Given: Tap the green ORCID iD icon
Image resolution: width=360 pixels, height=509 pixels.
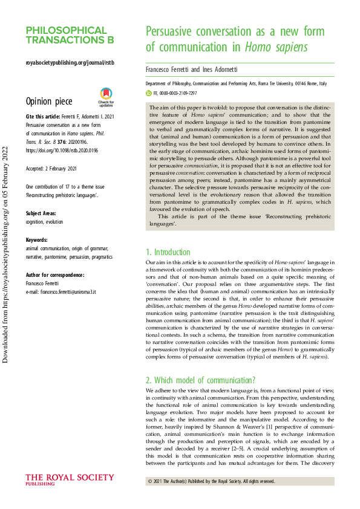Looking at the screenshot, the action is click(x=149, y=94).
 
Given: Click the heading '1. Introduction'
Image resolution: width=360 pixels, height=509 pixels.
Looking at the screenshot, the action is click(x=168, y=251).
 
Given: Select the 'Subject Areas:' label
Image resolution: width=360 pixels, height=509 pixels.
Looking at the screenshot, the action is click(x=41, y=213).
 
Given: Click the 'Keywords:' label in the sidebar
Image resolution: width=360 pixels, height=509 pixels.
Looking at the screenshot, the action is click(x=37, y=239).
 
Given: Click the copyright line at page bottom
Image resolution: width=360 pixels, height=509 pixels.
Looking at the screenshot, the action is click(x=211, y=482).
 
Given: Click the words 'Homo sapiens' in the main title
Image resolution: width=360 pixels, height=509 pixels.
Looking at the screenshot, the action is click(x=275, y=47).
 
